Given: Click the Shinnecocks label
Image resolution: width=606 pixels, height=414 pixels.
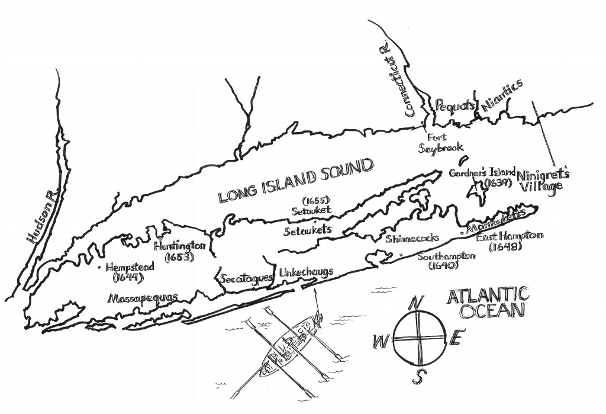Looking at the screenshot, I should pos(412,239).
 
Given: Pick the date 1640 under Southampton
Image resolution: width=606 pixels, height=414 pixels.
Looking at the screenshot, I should pos(444,267).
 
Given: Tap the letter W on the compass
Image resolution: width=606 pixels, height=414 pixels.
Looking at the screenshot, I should pos(377,342).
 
